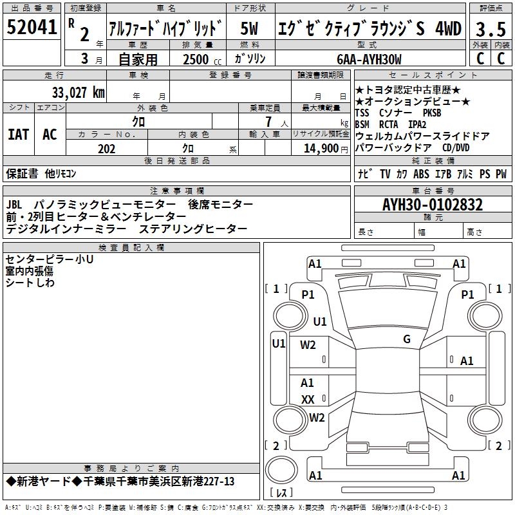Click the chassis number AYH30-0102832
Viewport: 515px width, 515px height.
(x=432, y=205)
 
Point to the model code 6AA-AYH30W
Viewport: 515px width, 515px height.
(x=369, y=59)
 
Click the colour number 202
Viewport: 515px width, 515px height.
(x=106, y=149)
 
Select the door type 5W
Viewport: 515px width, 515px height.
(x=250, y=28)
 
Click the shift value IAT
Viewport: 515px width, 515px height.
(x=18, y=135)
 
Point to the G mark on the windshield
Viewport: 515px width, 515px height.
(x=407, y=339)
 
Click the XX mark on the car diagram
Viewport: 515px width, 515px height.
(x=308, y=400)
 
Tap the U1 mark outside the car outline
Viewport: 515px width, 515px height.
(x=278, y=343)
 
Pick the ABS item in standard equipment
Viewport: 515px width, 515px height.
(x=421, y=174)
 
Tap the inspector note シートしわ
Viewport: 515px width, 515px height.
(x=30, y=283)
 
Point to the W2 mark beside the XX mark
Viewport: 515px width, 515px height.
(x=316, y=417)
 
